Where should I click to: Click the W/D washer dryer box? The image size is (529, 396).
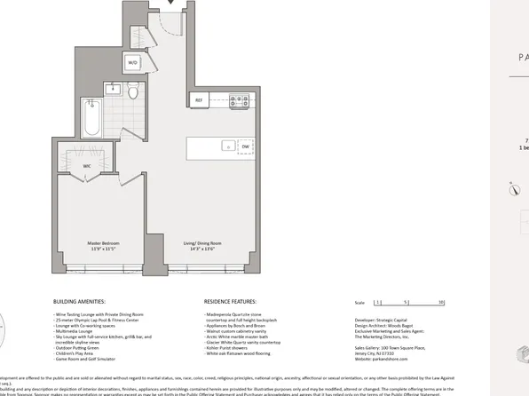pos(133,63)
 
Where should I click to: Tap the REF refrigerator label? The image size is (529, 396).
pos(199,100)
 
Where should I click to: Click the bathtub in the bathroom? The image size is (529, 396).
pos(92,116)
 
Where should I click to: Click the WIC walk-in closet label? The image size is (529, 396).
pos(88,166)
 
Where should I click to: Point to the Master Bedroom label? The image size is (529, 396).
pos(103,242)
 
